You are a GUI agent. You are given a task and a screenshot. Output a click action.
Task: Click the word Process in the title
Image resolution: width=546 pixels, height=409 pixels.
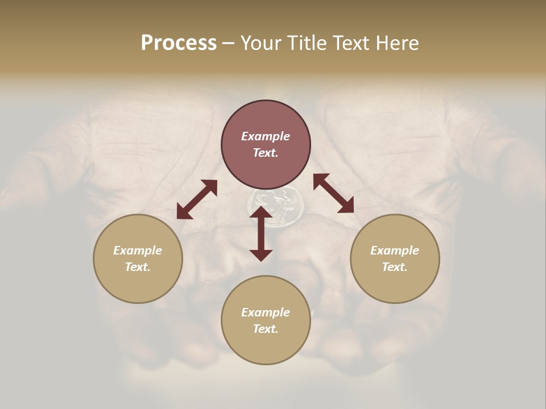(x=179, y=43)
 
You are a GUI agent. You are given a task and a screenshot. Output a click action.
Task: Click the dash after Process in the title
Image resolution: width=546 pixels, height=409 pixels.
(x=228, y=44)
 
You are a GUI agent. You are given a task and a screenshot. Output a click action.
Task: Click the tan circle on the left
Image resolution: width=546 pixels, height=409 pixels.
(x=138, y=258)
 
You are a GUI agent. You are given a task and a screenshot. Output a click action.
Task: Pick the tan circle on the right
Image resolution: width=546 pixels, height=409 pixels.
(x=395, y=258)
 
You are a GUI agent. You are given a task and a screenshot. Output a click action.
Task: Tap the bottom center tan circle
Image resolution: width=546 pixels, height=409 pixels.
(x=266, y=320)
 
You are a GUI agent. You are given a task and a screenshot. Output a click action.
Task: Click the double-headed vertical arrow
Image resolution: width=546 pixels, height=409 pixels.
(x=261, y=233)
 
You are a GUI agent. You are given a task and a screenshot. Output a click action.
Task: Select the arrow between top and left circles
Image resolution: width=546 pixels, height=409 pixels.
(x=197, y=199)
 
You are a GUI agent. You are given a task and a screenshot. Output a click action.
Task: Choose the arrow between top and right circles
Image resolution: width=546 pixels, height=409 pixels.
(x=333, y=193)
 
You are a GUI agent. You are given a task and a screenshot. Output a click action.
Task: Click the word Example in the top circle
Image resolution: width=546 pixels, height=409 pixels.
(x=266, y=136)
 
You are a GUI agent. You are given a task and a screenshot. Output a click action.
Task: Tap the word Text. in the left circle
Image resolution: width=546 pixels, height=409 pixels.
(x=138, y=267)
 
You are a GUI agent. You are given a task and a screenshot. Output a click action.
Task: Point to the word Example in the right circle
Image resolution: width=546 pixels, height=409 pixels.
(x=395, y=251)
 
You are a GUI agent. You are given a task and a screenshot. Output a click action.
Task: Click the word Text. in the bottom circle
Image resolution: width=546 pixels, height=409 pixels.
(x=266, y=329)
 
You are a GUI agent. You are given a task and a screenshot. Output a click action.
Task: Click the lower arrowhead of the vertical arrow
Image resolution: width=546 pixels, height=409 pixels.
(x=261, y=254)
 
